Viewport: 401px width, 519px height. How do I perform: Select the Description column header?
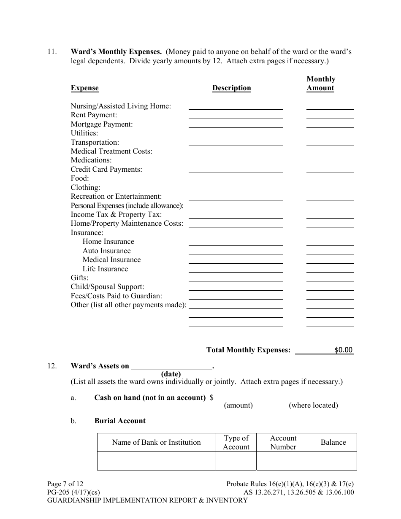coord(231,88)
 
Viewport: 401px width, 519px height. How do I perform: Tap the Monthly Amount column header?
coord(320,84)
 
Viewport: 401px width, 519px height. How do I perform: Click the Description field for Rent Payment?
coord(236,115)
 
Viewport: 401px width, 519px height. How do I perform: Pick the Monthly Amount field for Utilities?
coord(330,133)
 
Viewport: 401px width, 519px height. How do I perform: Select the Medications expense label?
coord(91,160)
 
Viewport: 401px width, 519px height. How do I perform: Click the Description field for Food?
coord(236,178)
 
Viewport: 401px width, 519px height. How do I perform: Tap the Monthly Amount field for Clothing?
coord(330,187)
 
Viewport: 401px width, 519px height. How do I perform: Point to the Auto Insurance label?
coord(106,251)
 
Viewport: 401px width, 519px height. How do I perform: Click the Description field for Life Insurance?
coord(236,269)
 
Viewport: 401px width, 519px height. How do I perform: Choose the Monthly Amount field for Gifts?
coord(330,278)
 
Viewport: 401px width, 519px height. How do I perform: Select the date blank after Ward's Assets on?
coord(171,366)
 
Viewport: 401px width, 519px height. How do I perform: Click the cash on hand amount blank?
coord(238,397)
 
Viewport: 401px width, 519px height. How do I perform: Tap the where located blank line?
coord(312,397)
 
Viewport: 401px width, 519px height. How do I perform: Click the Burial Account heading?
coord(120,421)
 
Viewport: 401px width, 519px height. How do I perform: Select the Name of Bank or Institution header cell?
coord(156,442)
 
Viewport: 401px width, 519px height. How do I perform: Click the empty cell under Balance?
coord(333,461)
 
